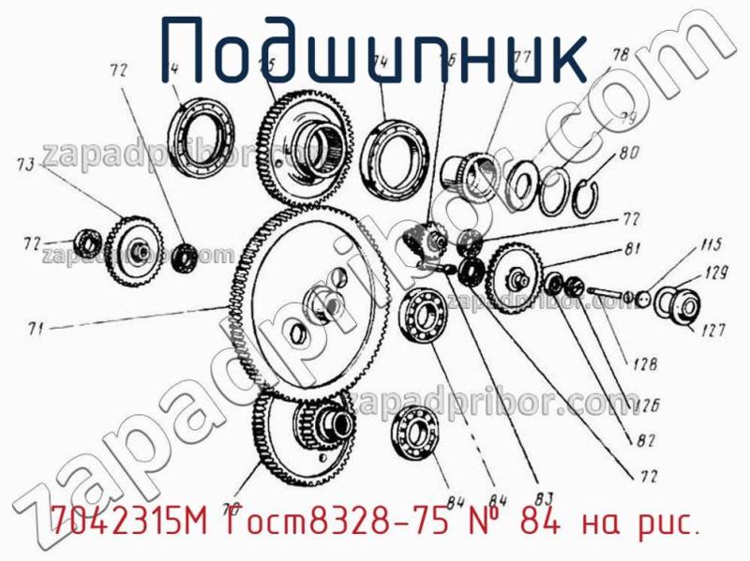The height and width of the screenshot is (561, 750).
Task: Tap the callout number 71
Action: pyautogui.click(x=36, y=329)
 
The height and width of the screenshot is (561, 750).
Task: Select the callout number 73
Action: pyautogui.click(x=26, y=165)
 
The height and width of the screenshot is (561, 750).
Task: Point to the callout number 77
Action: pyautogui.click(x=522, y=57)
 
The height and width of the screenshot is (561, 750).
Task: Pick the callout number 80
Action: pyautogui.click(x=628, y=151)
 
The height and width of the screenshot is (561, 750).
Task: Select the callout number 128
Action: pyautogui.click(x=644, y=364)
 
